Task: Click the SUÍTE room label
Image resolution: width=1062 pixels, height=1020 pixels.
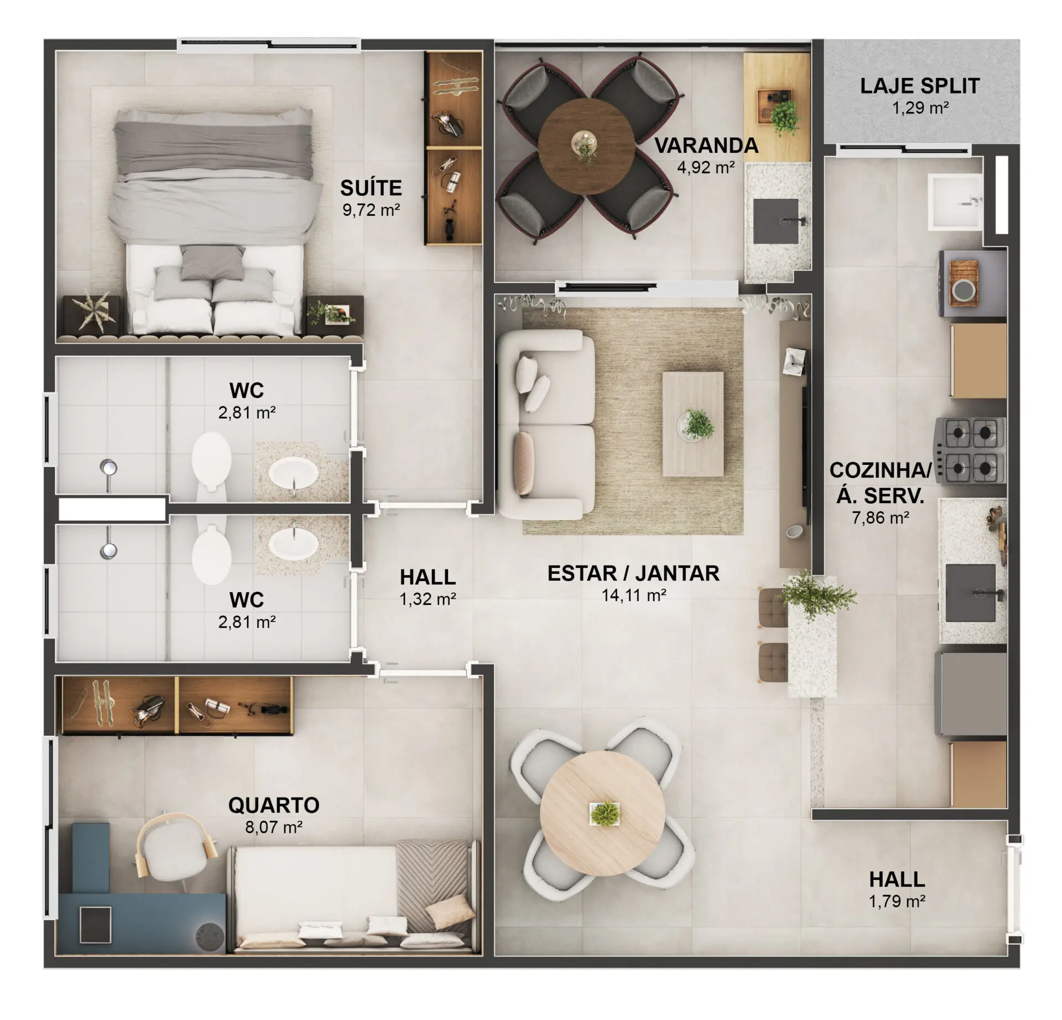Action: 371,188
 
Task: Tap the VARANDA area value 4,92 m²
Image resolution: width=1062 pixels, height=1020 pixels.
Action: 706,167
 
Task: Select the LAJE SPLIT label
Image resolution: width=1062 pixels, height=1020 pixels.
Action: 920,86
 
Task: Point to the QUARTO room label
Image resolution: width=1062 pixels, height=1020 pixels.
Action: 274,805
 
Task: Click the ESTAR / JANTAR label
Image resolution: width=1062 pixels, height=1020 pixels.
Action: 633,573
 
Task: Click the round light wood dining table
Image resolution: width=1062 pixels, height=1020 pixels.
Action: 603,814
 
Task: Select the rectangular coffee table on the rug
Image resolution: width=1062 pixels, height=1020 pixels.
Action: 693,424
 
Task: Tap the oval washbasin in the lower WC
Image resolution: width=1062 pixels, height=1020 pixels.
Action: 293,542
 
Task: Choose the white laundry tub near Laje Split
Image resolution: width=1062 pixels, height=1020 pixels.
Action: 955,201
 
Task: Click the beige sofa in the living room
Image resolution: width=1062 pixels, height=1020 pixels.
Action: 546,425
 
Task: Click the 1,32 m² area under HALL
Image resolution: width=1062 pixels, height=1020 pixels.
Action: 428,599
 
